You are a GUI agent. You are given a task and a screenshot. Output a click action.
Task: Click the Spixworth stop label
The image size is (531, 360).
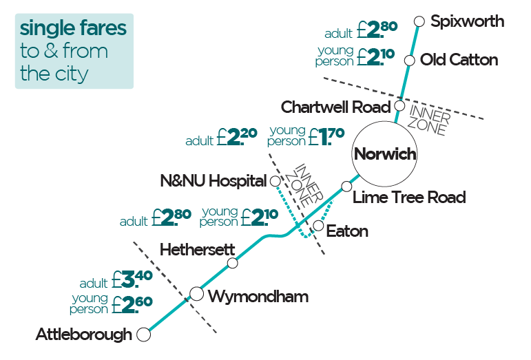tap(467, 21)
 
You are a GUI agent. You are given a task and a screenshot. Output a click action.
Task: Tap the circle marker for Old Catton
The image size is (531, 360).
tap(409, 61)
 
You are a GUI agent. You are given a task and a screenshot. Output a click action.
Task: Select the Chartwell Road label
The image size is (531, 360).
tap(335, 107)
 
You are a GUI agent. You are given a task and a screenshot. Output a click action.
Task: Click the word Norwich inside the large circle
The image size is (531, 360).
tap(385, 153)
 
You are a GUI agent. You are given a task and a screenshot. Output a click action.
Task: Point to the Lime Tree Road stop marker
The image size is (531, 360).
tap(347, 187)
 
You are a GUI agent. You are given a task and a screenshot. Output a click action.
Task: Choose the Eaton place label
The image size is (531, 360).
tap(347, 231)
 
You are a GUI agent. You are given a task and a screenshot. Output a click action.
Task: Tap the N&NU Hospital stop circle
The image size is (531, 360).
tap(275, 181)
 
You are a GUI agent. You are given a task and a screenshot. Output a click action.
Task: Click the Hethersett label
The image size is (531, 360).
tap(197, 249)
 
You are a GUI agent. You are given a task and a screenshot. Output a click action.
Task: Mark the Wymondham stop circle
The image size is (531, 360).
tap(196, 295)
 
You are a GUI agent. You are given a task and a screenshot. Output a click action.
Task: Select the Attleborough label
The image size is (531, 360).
tap(83, 335)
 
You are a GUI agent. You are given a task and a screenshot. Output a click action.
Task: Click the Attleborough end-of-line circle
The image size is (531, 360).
tap(144, 335)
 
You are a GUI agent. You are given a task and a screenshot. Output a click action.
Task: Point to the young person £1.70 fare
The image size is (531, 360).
tap(306, 136)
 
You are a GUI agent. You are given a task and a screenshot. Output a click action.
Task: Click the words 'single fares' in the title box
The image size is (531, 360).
tap(74, 28)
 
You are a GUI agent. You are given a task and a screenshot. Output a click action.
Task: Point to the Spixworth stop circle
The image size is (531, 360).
tap(419, 21)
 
